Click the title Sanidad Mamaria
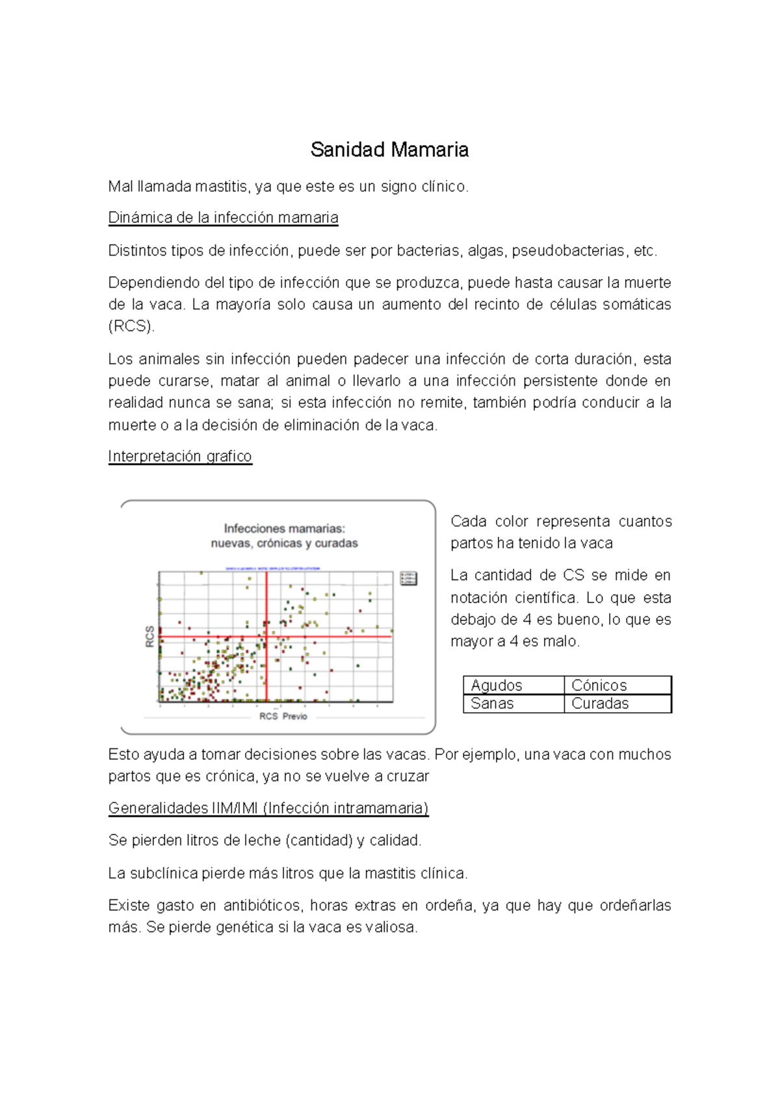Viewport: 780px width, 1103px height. [389, 150]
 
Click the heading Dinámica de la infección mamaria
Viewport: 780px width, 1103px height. [223, 217]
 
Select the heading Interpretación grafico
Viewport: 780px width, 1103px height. [179, 456]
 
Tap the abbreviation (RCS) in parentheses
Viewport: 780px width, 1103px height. [131, 326]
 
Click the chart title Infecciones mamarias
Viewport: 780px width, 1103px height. [284, 528]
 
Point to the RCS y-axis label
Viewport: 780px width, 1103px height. [149, 636]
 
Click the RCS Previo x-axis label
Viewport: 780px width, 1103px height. [283, 716]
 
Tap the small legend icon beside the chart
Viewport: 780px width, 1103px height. [408, 578]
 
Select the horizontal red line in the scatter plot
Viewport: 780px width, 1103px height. [338, 636]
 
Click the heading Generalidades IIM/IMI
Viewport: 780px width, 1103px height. [268, 808]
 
